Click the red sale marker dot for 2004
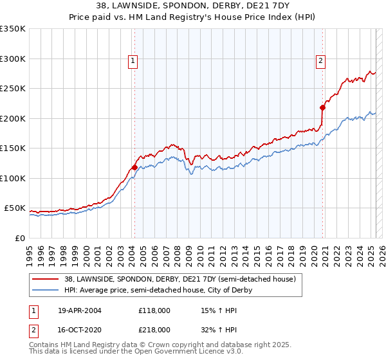pyautogui.click(x=134, y=167)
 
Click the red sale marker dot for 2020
pyautogui.click(x=322, y=107)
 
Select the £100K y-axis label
pyautogui.click(x=13, y=178)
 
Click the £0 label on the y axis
pyautogui.click(x=19, y=238)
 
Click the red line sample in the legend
pyautogui.click(x=46, y=279)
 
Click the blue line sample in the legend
pyautogui.click(x=46, y=290)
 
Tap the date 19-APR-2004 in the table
pyautogui.click(x=80, y=310)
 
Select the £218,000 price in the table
pyautogui.click(x=154, y=330)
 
